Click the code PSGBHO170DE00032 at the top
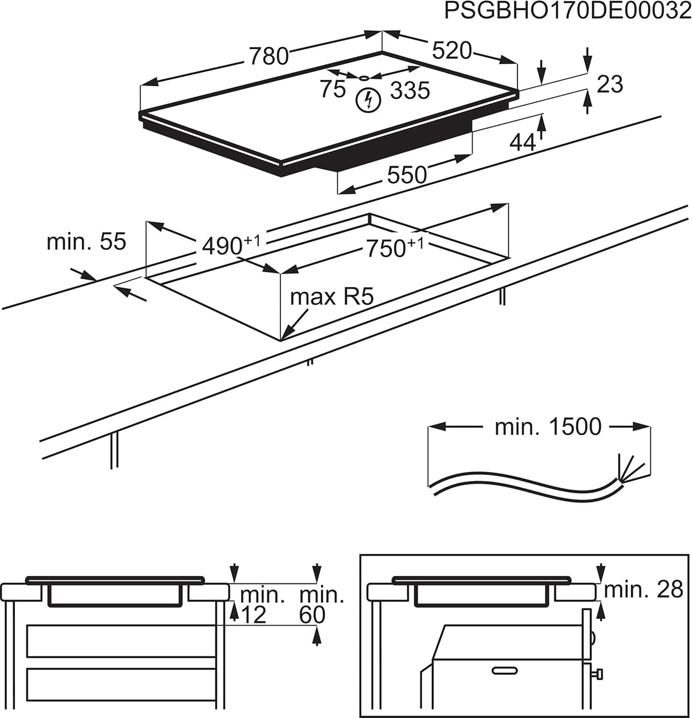(x=568, y=12)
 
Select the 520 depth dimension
(x=452, y=51)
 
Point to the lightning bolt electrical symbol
(x=367, y=100)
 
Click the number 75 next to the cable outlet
(x=332, y=89)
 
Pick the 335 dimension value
(x=410, y=90)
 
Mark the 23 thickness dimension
(x=609, y=84)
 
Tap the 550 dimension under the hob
(x=407, y=174)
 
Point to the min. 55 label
(x=86, y=241)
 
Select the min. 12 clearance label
(x=261, y=604)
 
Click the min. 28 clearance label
(x=643, y=590)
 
